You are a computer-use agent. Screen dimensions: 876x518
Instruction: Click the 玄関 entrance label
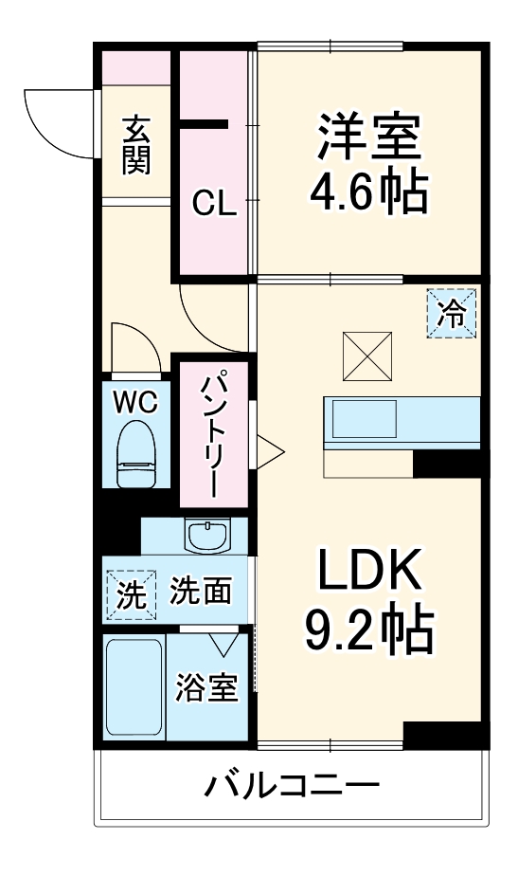(x=135, y=144)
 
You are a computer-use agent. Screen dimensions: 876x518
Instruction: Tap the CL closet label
(x=214, y=203)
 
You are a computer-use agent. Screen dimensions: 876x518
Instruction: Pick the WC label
(x=136, y=402)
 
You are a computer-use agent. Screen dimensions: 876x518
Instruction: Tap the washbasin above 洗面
(x=208, y=538)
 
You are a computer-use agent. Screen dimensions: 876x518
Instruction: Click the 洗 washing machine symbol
(x=128, y=594)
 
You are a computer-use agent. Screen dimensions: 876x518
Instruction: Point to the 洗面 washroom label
(x=200, y=593)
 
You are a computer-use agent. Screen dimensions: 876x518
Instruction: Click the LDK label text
(x=368, y=573)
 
